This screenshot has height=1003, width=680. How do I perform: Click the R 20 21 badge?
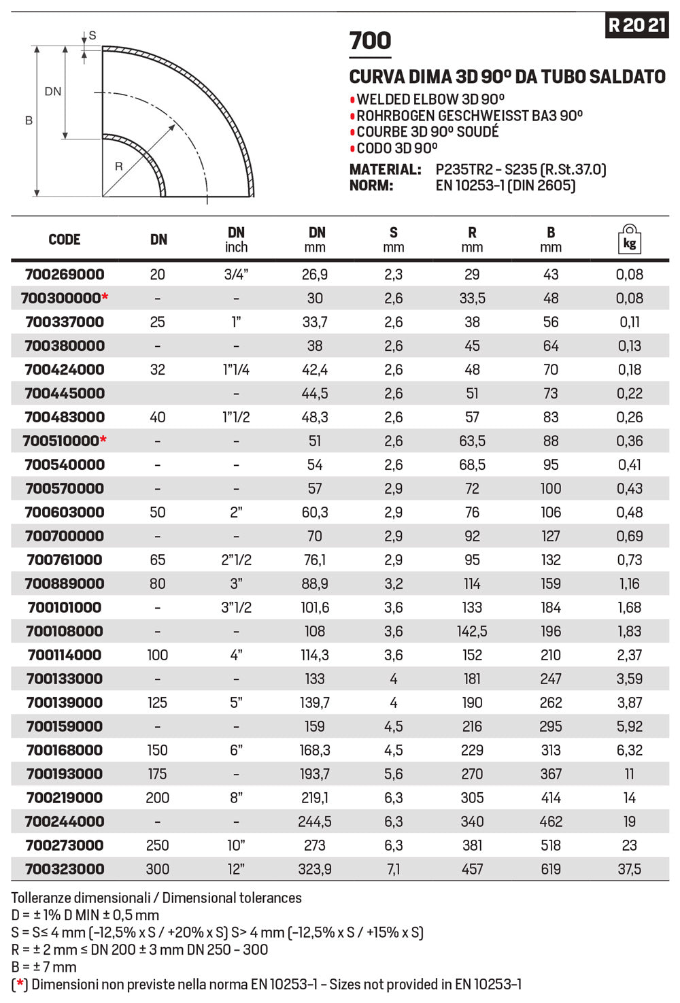click(x=636, y=25)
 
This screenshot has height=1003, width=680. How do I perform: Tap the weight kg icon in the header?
click(x=630, y=239)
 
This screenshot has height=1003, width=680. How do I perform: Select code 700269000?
click(x=65, y=275)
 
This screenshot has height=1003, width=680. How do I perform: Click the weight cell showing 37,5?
click(x=630, y=869)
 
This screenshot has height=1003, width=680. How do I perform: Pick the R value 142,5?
click(x=472, y=631)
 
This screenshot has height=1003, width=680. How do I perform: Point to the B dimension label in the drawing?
click(x=29, y=121)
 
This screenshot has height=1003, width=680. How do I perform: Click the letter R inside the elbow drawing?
click(x=119, y=167)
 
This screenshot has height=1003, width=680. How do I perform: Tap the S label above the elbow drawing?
click(x=92, y=36)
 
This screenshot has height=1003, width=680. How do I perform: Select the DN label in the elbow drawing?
click(x=53, y=91)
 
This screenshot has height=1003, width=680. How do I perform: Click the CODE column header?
click(x=65, y=239)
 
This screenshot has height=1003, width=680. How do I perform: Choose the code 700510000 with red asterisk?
click(x=65, y=441)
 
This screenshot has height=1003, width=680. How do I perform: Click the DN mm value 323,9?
click(x=315, y=869)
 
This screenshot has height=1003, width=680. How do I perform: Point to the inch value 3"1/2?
click(x=236, y=607)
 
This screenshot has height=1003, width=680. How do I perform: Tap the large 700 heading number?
click(x=370, y=41)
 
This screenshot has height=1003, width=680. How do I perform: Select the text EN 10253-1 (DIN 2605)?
click(x=505, y=186)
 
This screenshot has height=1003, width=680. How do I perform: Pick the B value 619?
click(x=551, y=869)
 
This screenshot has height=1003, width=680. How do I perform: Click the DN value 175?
click(x=158, y=774)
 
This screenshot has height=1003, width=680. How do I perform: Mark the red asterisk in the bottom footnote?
click(x=20, y=984)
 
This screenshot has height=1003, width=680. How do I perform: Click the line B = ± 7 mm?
click(x=44, y=967)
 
